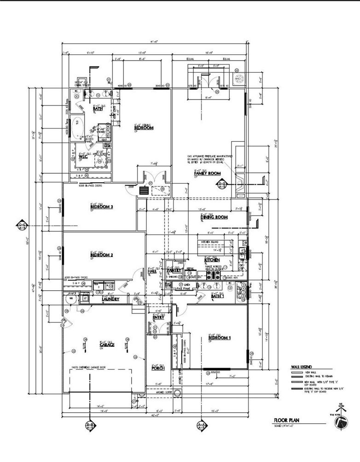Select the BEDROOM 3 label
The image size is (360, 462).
point(102,207)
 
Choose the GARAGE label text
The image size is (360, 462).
point(107,345)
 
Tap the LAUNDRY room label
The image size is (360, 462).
point(110,299)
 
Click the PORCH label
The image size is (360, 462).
point(158,368)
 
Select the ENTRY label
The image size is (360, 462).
point(158,317)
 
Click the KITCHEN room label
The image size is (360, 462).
point(212,261)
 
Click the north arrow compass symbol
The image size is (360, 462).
point(341,423)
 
